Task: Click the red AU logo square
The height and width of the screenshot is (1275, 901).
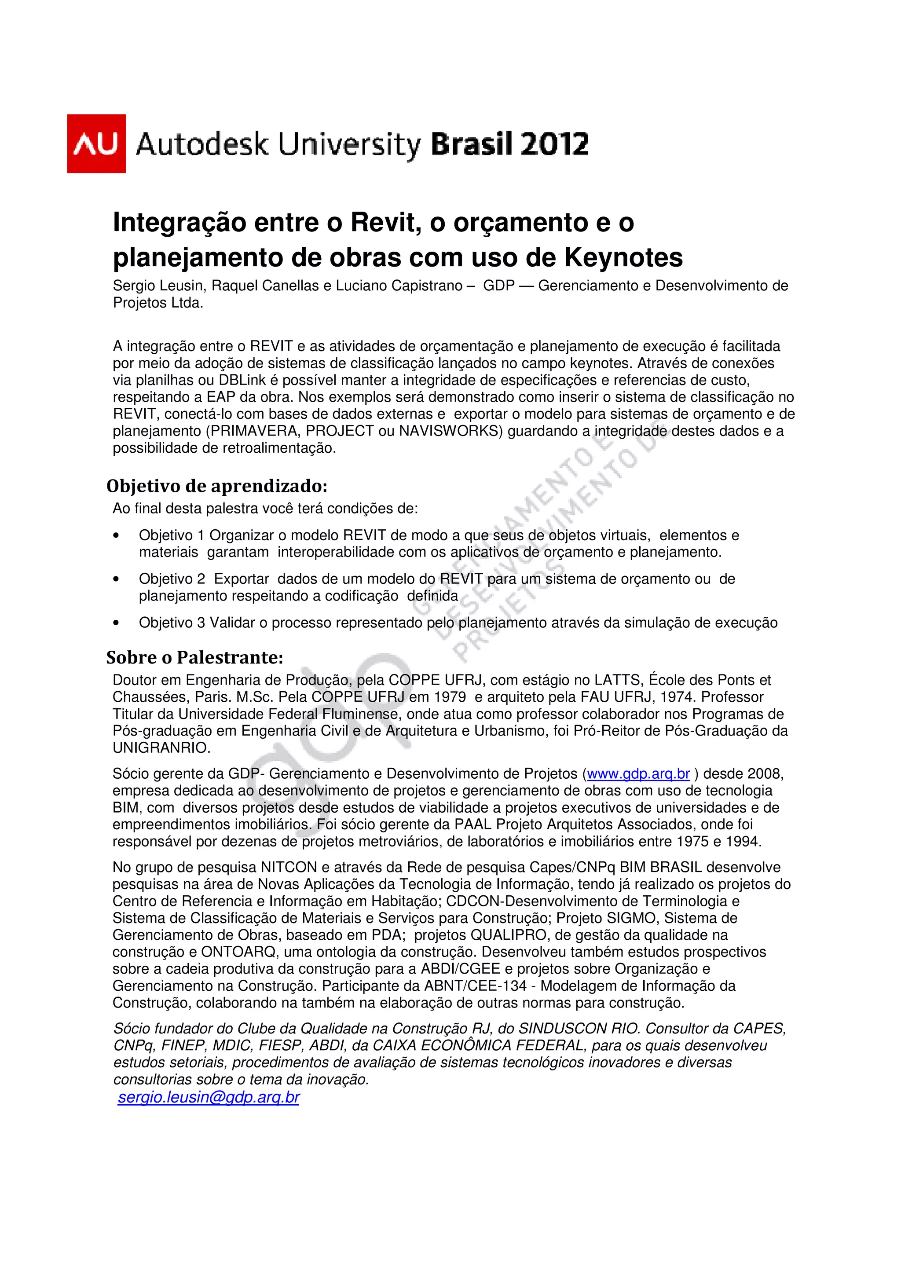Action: click(96, 143)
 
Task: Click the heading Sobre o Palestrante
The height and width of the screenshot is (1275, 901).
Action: click(194, 657)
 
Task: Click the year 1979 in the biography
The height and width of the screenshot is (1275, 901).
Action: click(449, 697)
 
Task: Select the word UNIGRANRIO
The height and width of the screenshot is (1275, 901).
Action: click(161, 747)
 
